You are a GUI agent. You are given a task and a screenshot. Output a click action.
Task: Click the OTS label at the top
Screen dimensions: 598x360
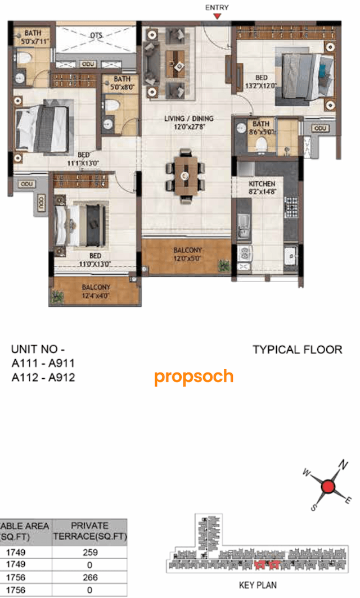click(96, 35)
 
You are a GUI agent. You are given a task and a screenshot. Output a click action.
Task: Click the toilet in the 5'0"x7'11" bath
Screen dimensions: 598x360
click(23, 57)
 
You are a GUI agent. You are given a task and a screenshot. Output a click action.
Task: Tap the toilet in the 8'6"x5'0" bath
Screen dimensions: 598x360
click(260, 145)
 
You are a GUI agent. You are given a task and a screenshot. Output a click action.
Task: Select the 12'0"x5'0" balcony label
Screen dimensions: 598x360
click(188, 255)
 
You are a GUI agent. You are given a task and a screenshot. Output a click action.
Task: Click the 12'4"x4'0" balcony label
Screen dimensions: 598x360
click(96, 291)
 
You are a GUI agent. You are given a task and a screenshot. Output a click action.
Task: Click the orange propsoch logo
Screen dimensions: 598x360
click(193, 377)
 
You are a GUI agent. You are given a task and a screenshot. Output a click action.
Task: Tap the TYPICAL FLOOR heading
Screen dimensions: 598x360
click(297, 350)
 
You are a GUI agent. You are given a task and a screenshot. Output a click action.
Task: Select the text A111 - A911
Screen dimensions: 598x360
click(43, 364)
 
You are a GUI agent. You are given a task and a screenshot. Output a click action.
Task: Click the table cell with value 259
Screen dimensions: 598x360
click(90, 552)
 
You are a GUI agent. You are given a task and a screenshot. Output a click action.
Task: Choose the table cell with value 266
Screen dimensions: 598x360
click(90, 578)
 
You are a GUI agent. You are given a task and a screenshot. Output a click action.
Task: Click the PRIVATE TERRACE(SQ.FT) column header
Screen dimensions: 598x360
click(90, 532)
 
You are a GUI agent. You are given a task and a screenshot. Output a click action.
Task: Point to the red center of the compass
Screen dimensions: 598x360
click(330, 487)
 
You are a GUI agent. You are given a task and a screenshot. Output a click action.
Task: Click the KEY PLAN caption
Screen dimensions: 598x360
click(258, 585)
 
